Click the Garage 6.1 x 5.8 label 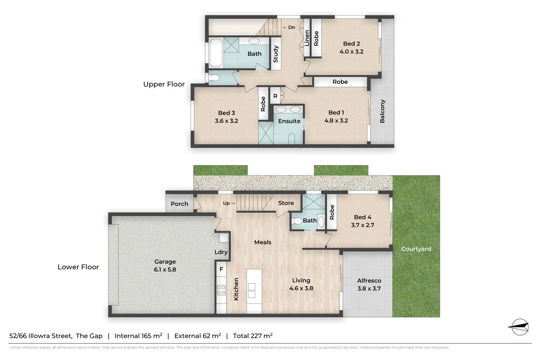pos(165,266)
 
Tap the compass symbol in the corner pos(519,327)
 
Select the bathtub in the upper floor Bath pos(216,53)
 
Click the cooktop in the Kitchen pos(221,290)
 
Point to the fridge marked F pos(221,269)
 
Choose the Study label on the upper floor pos(276,54)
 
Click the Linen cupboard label pos(307,38)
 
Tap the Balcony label pos(382,111)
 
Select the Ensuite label pos(289,121)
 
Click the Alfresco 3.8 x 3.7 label pos(369,284)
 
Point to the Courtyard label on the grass pos(416,249)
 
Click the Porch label pos(179,204)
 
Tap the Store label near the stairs pos(286,203)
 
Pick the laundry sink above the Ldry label pos(224,238)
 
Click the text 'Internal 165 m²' pos(138,336)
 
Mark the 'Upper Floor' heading pos(164,84)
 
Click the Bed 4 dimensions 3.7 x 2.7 pos(363,225)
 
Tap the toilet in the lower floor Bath pos(297,221)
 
